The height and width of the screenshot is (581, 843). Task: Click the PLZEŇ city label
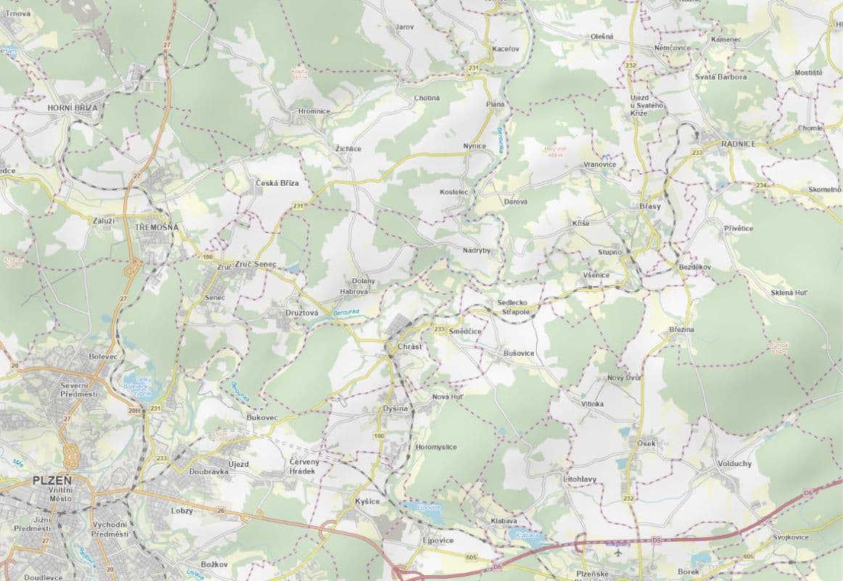click(x=52, y=481)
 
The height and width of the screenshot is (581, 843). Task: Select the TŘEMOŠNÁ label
click(x=157, y=227)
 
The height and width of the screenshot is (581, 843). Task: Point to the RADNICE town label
click(x=738, y=144)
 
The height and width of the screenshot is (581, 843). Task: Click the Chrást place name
click(x=409, y=346)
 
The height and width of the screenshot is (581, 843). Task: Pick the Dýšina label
click(x=396, y=410)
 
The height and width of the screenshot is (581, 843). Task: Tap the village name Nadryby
click(x=477, y=250)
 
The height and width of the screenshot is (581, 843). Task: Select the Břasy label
click(x=650, y=206)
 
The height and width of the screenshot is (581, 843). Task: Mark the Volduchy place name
click(x=734, y=463)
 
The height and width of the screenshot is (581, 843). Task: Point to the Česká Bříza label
click(x=277, y=184)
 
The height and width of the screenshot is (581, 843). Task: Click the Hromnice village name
click(x=314, y=111)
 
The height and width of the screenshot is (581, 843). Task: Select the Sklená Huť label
click(x=790, y=293)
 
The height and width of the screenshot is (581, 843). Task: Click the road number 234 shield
click(x=761, y=186)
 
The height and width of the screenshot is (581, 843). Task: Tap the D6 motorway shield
click(x=808, y=492)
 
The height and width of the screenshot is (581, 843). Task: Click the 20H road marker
click(x=134, y=411)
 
